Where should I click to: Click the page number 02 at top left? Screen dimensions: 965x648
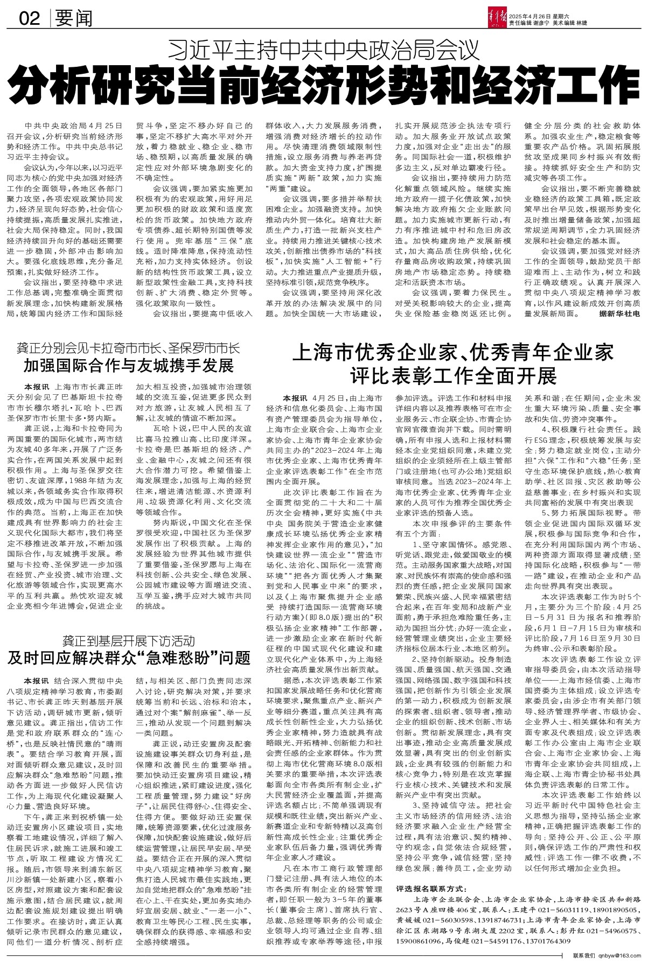tap(30, 19)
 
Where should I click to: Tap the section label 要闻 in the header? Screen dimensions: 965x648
tap(74, 19)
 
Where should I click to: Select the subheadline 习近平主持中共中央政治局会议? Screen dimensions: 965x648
tap(323, 51)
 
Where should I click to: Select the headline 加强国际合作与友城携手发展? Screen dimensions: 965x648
tap(128, 367)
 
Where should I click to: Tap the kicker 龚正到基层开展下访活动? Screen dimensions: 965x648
tap(128, 641)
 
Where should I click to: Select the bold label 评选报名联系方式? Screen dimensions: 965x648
tap(429, 889)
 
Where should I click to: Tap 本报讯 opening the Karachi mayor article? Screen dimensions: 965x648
tap(34, 387)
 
